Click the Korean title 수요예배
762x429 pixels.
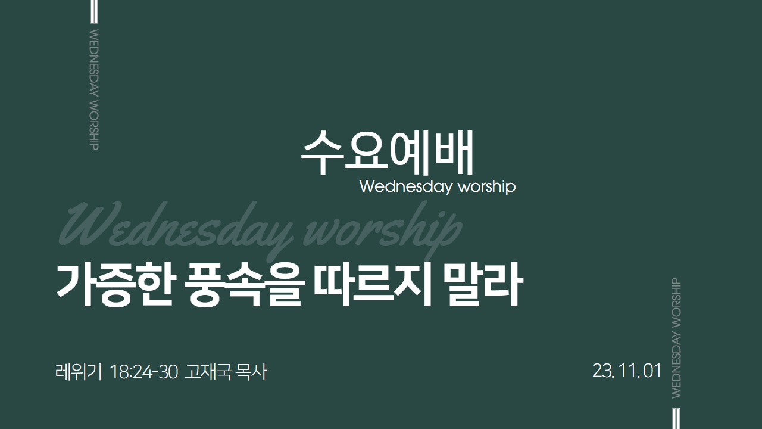[387, 153]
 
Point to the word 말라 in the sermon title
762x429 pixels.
[483, 285]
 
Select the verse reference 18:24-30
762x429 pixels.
[144, 372]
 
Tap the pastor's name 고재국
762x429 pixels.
[208, 371]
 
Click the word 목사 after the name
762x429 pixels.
[251, 371]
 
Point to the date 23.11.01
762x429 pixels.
[627, 371]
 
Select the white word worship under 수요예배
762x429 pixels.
[487, 187]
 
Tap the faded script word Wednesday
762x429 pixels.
[176, 228]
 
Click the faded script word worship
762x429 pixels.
[382, 228]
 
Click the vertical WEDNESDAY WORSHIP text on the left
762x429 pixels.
[94, 89]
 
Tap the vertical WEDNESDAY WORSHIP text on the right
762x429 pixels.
[676, 338]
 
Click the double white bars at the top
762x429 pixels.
[94, 11]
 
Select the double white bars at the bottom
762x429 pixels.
[676, 418]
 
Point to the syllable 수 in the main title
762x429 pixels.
[322, 153]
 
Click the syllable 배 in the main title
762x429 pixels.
[454, 152]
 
